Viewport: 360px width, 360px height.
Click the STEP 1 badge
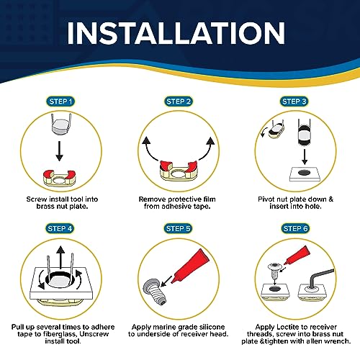pyautogui.click(x=60, y=102)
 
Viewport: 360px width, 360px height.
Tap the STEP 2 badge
pyautogui.click(x=179, y=102)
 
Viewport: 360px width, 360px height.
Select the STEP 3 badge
pyautogui.click(x=294, y=102)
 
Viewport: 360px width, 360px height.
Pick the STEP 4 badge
pyautogui.click(x=60, y=228)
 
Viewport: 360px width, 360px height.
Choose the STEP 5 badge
pyautogui.click(x=178, y=228)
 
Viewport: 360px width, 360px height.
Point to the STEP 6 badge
pyautogui.click(x=295, y=228)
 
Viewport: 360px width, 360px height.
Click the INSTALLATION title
pyautogui.click(x=176, y=33)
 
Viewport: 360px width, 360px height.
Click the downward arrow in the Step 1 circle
pyautogui.click(x=59, y=150)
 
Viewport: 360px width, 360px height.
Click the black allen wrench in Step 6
pyautogui.click(x=320, y=277)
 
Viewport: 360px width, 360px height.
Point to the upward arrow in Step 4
pyautogui.click(x=60, y=256)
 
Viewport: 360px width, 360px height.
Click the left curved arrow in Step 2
pyautogui.click(x=149, y=148)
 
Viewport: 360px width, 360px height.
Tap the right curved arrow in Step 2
pyautogui.click(x=207, y=148)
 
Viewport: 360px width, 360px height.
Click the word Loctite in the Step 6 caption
pyautogui.click(x=288, y=327)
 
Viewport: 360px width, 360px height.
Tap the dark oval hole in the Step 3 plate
pyautogui.click(x=305, y=172)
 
